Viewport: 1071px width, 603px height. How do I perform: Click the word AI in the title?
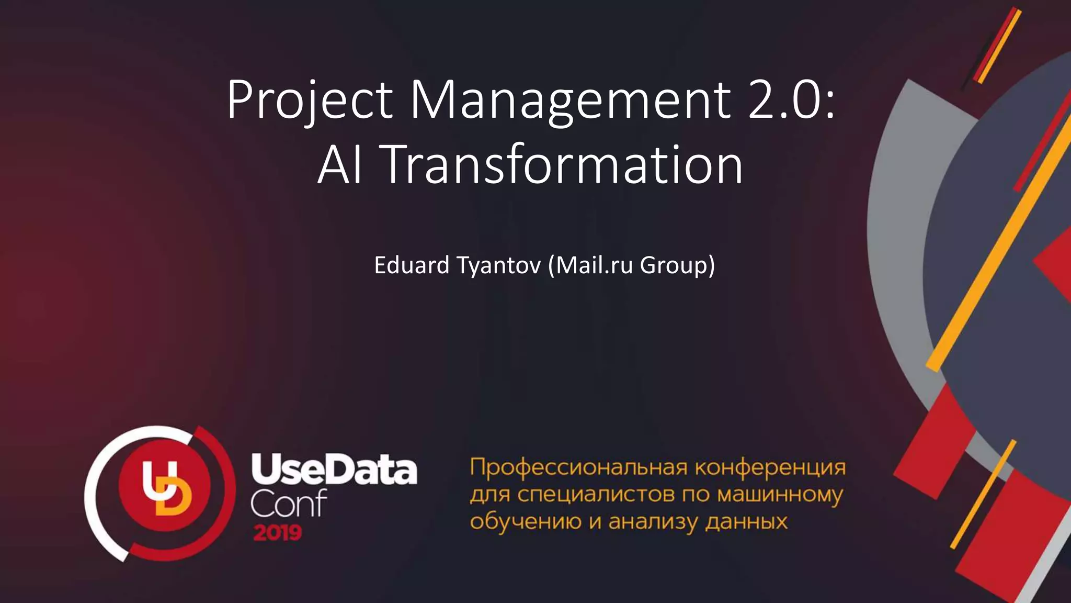click(340, 165)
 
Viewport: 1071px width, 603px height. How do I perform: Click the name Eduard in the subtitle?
click(412, 265)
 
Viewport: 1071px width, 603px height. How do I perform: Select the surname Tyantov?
click(498, 265)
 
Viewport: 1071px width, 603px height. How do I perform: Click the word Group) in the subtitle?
click(677, 265)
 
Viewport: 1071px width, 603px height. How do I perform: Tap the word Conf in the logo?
click(288, 504)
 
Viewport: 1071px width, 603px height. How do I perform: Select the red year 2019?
click(278, 533)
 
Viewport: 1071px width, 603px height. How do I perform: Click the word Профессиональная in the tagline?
click(578, 467)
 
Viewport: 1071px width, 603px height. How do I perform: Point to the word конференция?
click(770, 467)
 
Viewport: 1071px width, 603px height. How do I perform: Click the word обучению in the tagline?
click(526, 522)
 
